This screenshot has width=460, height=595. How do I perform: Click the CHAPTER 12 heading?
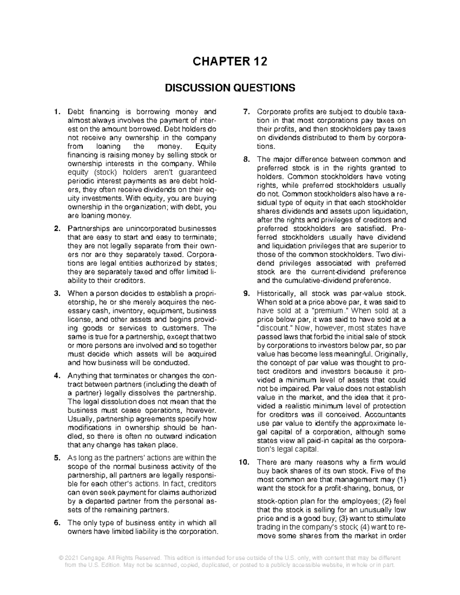point(230,62)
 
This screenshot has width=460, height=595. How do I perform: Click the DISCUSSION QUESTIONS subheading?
point(230,88)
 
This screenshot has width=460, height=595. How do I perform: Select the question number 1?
point(57,112)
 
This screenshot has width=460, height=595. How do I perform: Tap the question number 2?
point(57,229)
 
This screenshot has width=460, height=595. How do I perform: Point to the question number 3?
point(57,294)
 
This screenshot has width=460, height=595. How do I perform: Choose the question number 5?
point(57,458)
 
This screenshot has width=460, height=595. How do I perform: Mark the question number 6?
point(57,523)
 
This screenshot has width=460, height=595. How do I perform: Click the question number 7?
point(246,112)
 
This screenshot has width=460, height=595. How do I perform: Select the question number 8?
point(246,160)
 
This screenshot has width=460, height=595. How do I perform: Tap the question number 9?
point(246,294)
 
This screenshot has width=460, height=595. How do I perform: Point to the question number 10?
point(244,462)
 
